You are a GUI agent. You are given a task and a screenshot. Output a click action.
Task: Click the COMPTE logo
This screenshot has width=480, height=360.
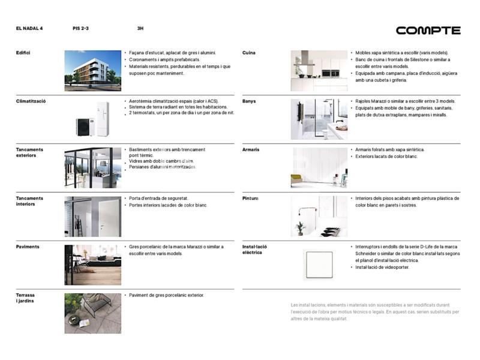(x=428, y=30)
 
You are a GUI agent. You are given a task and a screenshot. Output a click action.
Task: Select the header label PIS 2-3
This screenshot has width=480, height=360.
(x=80, y=28)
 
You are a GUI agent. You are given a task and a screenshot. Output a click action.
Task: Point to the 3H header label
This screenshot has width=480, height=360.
(x=140, y=28)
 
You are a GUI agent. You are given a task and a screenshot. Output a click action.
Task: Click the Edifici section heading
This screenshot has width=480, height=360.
(x=23, y=53)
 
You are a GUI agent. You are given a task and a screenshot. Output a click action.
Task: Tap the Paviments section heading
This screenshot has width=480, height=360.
(x=28, y=247)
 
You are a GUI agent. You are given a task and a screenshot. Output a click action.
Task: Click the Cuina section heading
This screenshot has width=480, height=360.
(x=248, y=53)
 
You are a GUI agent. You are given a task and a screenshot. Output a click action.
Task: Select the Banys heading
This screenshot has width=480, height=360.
(x=249, y=101)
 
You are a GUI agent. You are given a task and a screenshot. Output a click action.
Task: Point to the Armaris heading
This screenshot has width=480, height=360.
(x=251, y=149)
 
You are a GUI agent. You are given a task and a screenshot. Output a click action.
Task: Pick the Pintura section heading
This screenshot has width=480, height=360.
(x=251, y=198)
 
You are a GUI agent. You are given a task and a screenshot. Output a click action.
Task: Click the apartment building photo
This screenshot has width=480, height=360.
(x=92, y=71)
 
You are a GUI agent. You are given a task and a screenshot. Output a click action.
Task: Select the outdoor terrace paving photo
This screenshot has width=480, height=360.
(x=92, y=313)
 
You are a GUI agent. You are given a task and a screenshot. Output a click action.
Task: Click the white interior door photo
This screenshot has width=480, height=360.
(x=92, y=216)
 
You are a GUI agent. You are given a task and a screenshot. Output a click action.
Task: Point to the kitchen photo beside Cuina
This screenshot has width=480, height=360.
(x=319, y=71)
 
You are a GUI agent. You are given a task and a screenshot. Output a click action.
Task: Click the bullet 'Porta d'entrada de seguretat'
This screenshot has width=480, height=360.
(x=158, y=198)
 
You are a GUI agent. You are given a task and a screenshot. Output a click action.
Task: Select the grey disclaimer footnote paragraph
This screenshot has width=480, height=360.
(x=374, y=312)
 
